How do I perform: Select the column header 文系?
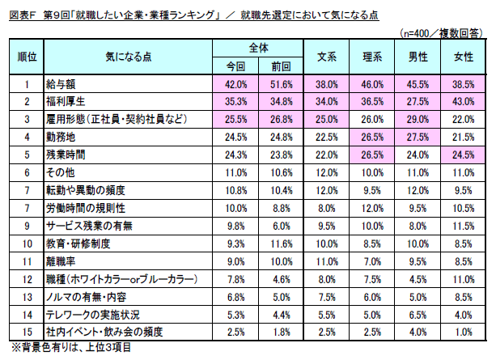(325, 58)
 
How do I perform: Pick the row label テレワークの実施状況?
(87, 314)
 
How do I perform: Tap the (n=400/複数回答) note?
(444, 32)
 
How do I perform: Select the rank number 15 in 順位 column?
(26, 332)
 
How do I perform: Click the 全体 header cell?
(257, 49)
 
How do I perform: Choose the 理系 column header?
(371, 58)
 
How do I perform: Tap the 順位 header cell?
(26, 58)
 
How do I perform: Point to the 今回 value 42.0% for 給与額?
(235, 83)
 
